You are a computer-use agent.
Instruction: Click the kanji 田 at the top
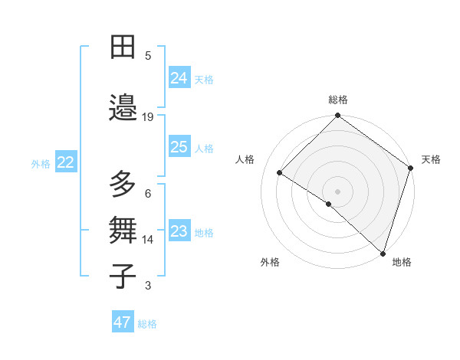(123, 47)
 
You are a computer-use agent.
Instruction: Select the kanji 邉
(123, 107)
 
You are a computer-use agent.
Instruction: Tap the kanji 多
(123, 185)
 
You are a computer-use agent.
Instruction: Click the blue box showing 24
(179, 78)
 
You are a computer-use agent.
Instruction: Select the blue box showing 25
(179, 148)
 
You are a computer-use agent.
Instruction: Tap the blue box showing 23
(179, 232)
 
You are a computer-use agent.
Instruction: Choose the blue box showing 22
(66, 162)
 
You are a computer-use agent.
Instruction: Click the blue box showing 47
(123, 322)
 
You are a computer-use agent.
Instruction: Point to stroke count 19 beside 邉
(148, 117)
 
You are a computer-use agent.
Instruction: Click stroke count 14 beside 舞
(148, 240)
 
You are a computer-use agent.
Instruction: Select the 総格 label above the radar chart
(338, 100)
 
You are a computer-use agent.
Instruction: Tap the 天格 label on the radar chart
(431, 159)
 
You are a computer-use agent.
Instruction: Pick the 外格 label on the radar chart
(270, 262)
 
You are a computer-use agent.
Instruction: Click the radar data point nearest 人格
(280, 173)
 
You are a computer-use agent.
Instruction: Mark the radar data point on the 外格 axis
(329, 204)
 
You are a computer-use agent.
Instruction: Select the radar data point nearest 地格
(383, 253)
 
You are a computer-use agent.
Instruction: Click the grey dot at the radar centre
(337, 191)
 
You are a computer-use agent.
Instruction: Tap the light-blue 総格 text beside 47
(147, 324)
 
